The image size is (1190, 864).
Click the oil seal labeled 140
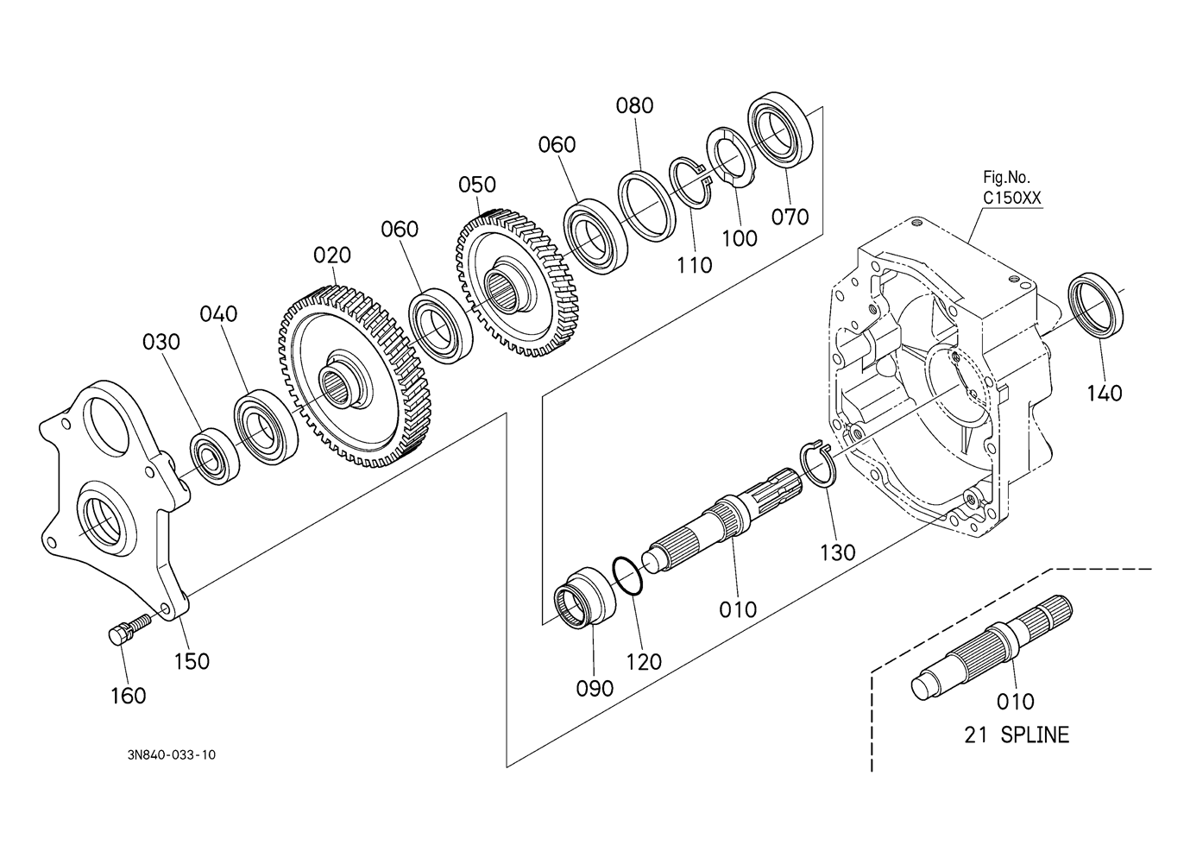point(1096,304)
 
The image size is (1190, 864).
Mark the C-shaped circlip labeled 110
point(691,184)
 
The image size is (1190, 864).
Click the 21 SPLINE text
point(1016,735)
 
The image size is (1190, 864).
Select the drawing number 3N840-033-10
point(171,755)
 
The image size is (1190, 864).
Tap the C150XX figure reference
point(1012,198)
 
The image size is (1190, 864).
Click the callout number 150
point(191,660)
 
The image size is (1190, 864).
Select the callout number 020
point(332,255)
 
